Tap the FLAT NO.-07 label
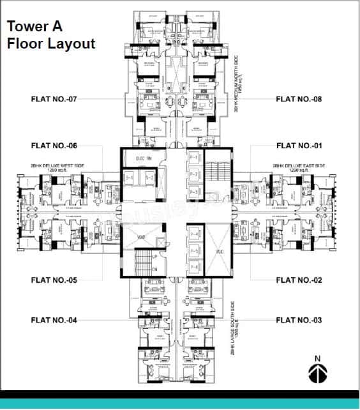point(54,99)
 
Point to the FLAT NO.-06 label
point(54,146)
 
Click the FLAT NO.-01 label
point(299,146)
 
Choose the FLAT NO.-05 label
point(54,280)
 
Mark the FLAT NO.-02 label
point(299,280)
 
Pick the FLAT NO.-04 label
point(54,319)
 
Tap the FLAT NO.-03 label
point(299,319)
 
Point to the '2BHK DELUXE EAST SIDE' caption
point(299,167)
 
